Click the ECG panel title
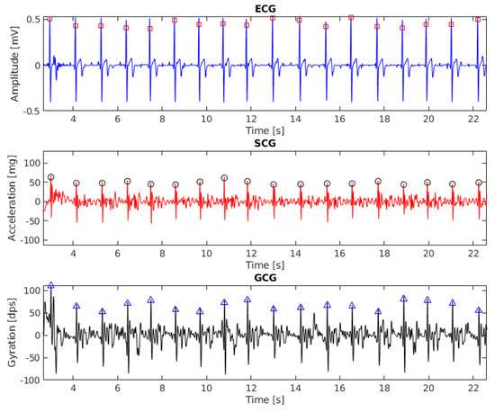265,7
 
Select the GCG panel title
265,276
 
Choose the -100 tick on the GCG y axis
26,381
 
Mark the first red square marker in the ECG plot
49,18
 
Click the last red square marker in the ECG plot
478,18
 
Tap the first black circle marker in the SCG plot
51,177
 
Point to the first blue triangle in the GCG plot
51,285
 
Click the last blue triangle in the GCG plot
479,310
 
